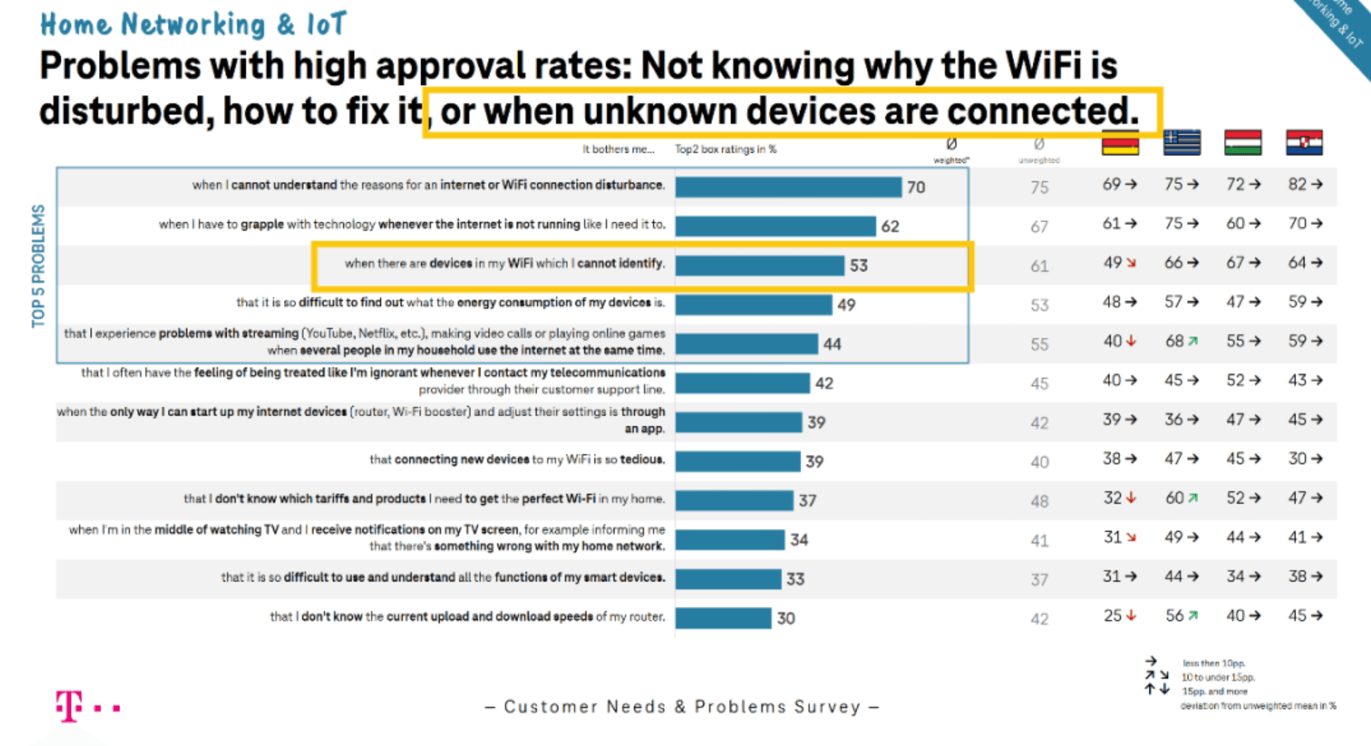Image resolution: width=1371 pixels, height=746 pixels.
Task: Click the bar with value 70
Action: point(788,187)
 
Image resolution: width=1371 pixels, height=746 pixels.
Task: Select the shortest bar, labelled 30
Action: point(723,618)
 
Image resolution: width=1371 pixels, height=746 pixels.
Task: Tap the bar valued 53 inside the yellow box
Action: point(759,265)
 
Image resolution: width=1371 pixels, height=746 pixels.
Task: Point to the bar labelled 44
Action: point(746,344)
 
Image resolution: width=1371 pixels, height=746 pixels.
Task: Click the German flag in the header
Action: point(1120,143)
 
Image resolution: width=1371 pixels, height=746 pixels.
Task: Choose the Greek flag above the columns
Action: point(1182,143)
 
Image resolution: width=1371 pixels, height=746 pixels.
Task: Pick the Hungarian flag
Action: point(1242,143)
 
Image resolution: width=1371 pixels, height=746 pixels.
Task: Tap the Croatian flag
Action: point(1304,143)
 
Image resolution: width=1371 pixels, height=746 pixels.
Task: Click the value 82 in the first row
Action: point(1297,184)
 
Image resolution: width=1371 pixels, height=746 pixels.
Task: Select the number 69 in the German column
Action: point(1111,184)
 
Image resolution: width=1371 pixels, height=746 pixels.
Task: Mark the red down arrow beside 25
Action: point(1131,615)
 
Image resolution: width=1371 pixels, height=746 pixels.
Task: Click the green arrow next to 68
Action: point(1193,342)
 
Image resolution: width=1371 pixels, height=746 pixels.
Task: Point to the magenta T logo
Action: point(70,706)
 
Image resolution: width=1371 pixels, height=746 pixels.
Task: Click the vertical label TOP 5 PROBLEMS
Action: point(38,266)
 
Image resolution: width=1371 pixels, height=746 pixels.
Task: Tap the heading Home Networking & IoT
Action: point(193,25)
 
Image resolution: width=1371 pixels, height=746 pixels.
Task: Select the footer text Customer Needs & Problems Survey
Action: point(681,706)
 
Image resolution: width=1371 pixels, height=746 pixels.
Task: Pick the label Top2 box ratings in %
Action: point(726,149)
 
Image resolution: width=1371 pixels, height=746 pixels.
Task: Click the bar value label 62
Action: point(890,226)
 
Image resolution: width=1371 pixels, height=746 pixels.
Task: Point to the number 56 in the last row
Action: point(1174,615)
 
